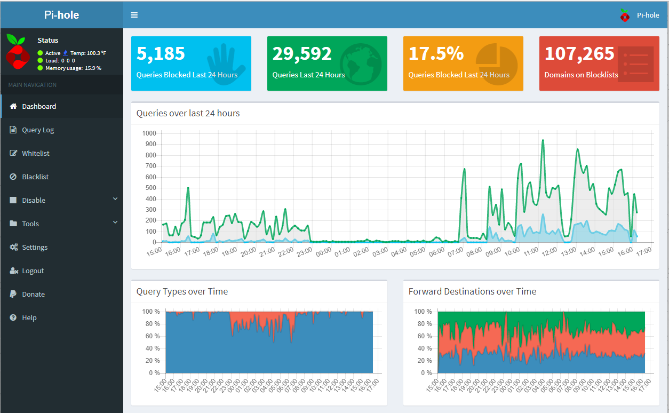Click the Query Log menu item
pyautogui.click(x=38, y=130)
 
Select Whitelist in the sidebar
pyautogui.click(x=35, y=153)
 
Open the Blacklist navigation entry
pyautogui.click(x=35, y=177)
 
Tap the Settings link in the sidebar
pyautogui.click(x=35, y=247)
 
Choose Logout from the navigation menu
pyautogui.click(x=33, y=271)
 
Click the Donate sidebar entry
pyautogui.click(x=33, y=294)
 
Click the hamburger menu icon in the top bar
pyautogui.click(x=134, y=15)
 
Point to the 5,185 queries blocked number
pyautogui.click(x=161, y=53)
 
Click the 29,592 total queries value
pyautogui.click(x=302, y=53)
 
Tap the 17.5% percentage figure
pyautogui.click(x=436, y=53)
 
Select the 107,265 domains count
pyautogui.click(x=579, y=53)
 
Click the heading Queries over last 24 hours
pyautogui.click(x=188, y=113)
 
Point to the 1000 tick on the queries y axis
pyautogui.click(x=149, y=133)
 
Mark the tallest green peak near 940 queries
pyautogui.click(x=543, y=140)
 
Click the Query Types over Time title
pyautogui.click(x=182, y=291)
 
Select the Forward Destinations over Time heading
pyautogui.click(x=472, y=291)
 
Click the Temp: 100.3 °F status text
pyautogui.click(x=88, y=53)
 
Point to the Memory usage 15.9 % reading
pyautogui.click(x=73, y=68)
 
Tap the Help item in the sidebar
pyautogui.click(x=29, y=317)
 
